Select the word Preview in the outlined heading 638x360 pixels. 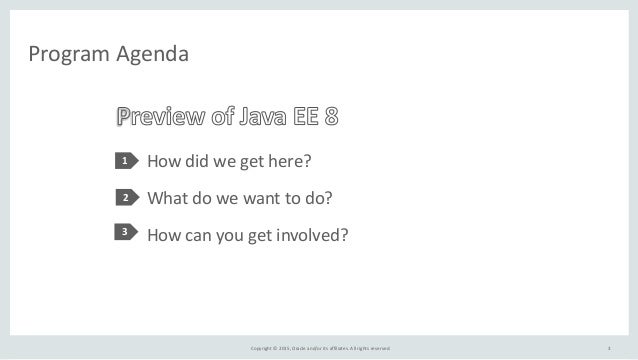[161, 117]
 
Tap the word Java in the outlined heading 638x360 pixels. [264, 117]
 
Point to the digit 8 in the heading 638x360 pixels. [331, 117]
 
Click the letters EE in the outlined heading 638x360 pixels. [306, 117]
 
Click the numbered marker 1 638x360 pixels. [126, 161]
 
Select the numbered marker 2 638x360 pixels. [126, 198]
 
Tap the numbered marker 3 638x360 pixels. [126, 234]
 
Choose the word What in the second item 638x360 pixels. [169, 198]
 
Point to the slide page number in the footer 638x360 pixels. [609, 347]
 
